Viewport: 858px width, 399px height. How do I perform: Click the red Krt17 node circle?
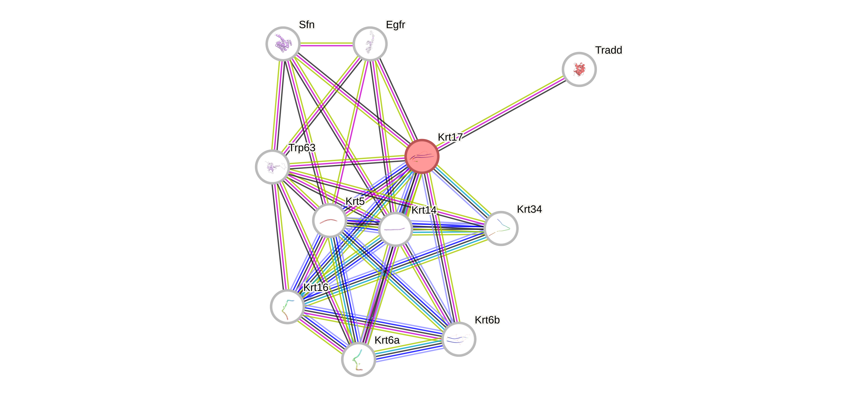point(422,156)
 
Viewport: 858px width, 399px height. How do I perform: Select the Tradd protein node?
point(579,69)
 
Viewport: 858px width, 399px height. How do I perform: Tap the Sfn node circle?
point(283,44)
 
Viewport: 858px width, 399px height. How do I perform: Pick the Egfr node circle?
point(370,44)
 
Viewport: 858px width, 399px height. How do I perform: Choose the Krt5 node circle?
point(329,220)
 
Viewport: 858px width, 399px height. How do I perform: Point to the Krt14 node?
point(395,229)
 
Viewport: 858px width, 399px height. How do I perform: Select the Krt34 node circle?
point(501,228)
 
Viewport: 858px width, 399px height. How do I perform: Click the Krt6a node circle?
point(358,359)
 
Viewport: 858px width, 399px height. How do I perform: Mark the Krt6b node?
point(459,339)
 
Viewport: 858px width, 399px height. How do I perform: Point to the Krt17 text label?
point(450,137)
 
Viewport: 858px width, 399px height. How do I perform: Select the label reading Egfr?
point(395,25)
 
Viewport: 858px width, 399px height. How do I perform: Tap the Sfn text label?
point(306,25)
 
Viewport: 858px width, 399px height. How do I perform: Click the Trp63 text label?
point(302,147)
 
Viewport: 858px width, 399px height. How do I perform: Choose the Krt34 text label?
point(529,209)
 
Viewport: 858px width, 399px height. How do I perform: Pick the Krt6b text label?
point(487,320)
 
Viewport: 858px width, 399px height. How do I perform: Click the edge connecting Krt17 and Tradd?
point(500,113)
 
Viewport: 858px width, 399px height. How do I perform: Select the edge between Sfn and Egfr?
point(327,44)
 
